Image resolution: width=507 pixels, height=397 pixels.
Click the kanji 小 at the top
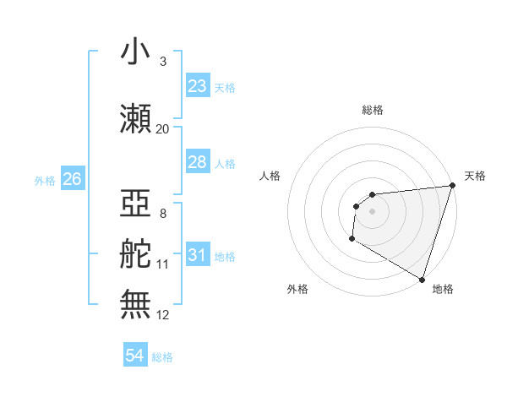[135, 52]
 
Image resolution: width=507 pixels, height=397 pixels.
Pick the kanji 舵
[135, 254]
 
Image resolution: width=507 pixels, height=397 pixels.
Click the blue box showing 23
[197, 85]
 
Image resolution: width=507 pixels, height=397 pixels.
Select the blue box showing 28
[197, 161]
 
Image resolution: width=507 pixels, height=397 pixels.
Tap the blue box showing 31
[197, 254]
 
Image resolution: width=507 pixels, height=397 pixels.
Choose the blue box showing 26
[72, 178]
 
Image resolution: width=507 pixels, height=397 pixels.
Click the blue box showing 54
[135, 356]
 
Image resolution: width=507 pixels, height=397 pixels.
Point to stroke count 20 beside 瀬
[162, 129]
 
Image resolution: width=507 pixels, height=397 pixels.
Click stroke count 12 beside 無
[163, 315]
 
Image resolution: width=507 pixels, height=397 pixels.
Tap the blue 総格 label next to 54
[162, 357]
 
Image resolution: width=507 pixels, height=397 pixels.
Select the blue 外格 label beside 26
[45, 180]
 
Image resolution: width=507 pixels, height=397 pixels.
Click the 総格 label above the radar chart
[373, 110]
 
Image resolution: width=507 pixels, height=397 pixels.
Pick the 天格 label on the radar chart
[475, 176]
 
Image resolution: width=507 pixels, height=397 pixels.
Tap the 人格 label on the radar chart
[270, 176]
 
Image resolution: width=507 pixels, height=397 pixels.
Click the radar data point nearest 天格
[452, 186]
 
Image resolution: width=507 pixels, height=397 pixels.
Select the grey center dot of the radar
[372, 211]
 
